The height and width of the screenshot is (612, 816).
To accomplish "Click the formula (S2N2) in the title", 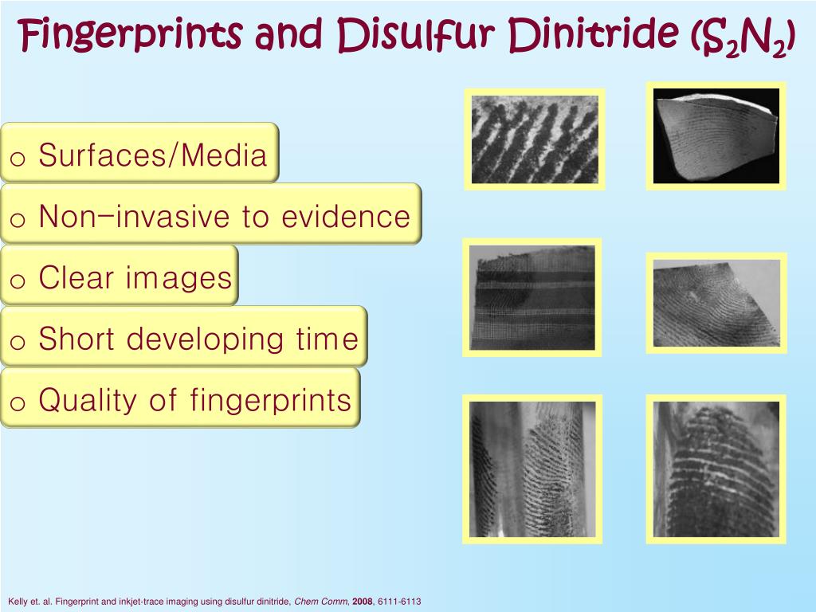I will [x=743, y=38].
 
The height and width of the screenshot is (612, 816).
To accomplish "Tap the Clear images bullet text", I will [x=135, y=277].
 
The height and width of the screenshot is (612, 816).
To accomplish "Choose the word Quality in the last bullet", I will [x=88, y=400].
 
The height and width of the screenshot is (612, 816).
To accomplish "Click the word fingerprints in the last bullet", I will [x=271, y=400].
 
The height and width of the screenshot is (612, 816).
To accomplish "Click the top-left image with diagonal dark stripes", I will [x=535, y=139].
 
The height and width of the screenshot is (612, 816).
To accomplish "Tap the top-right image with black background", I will [x=716, y=136].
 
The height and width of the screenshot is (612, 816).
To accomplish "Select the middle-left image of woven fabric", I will [x=532, y=297].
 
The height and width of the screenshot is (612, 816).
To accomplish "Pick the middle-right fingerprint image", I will [x=716, y=303].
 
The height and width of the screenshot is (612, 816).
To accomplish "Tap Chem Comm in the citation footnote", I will [x=320, y=602].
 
